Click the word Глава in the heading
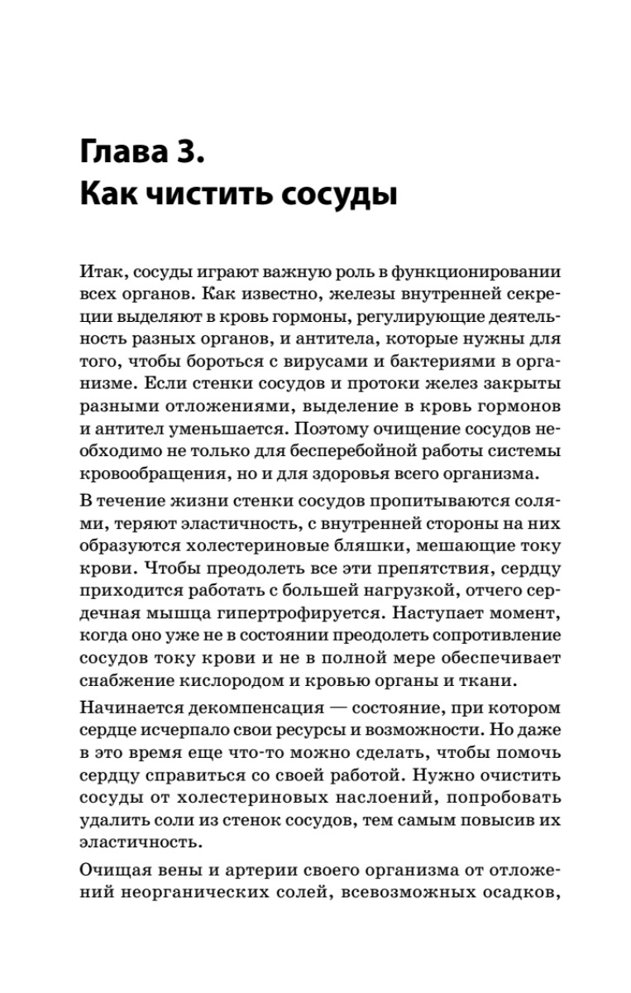(128, 155)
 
